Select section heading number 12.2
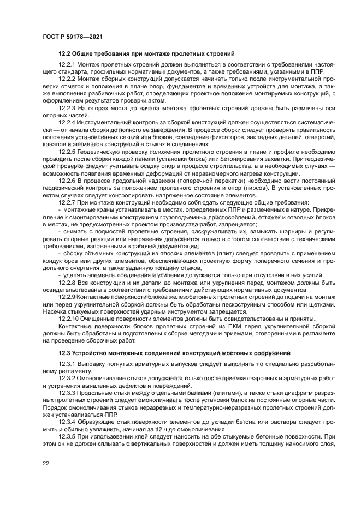[66, 53]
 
